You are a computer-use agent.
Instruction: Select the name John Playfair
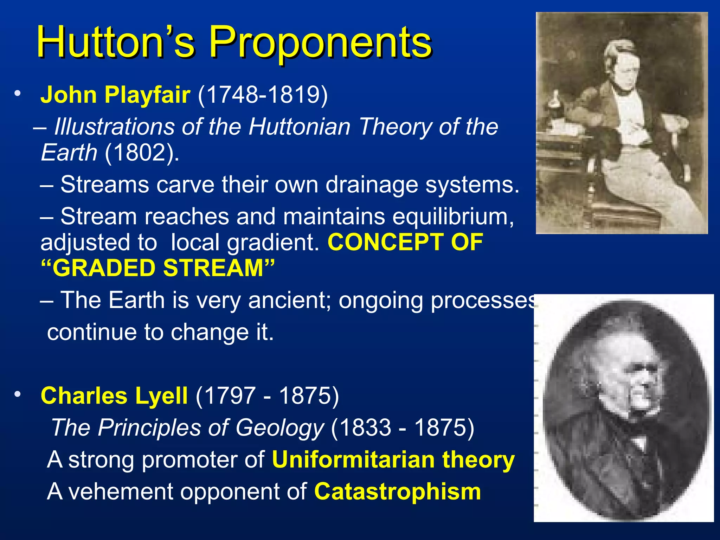115,95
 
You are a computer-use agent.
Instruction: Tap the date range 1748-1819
263,95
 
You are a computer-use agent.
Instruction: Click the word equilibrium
453,217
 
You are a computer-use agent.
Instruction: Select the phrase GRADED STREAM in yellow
158,269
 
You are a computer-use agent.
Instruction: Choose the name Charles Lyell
114,396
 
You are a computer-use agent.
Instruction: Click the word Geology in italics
279,428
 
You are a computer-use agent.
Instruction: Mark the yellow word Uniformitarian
353,460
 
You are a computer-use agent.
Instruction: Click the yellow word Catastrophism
397,491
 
